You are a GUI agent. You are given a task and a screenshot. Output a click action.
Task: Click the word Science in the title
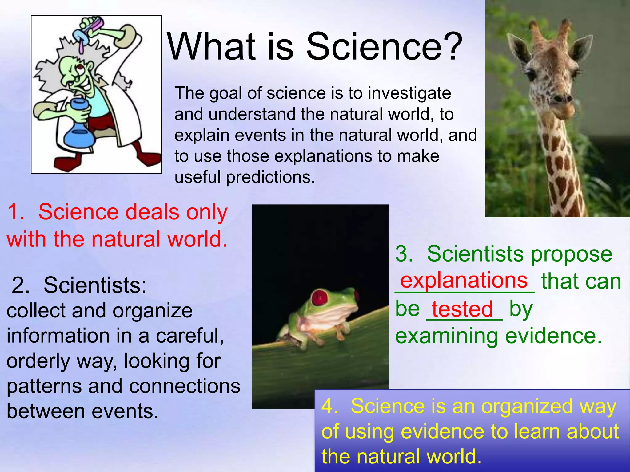point(374,47)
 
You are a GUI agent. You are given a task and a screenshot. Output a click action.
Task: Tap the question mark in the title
point(451,47)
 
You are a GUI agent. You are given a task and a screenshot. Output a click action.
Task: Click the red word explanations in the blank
point(464,280)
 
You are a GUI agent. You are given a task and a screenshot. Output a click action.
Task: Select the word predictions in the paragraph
point(270,177)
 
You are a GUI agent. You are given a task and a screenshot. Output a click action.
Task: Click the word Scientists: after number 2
point(95,285)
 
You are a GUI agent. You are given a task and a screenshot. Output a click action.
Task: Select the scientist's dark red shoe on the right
point(149,159)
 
